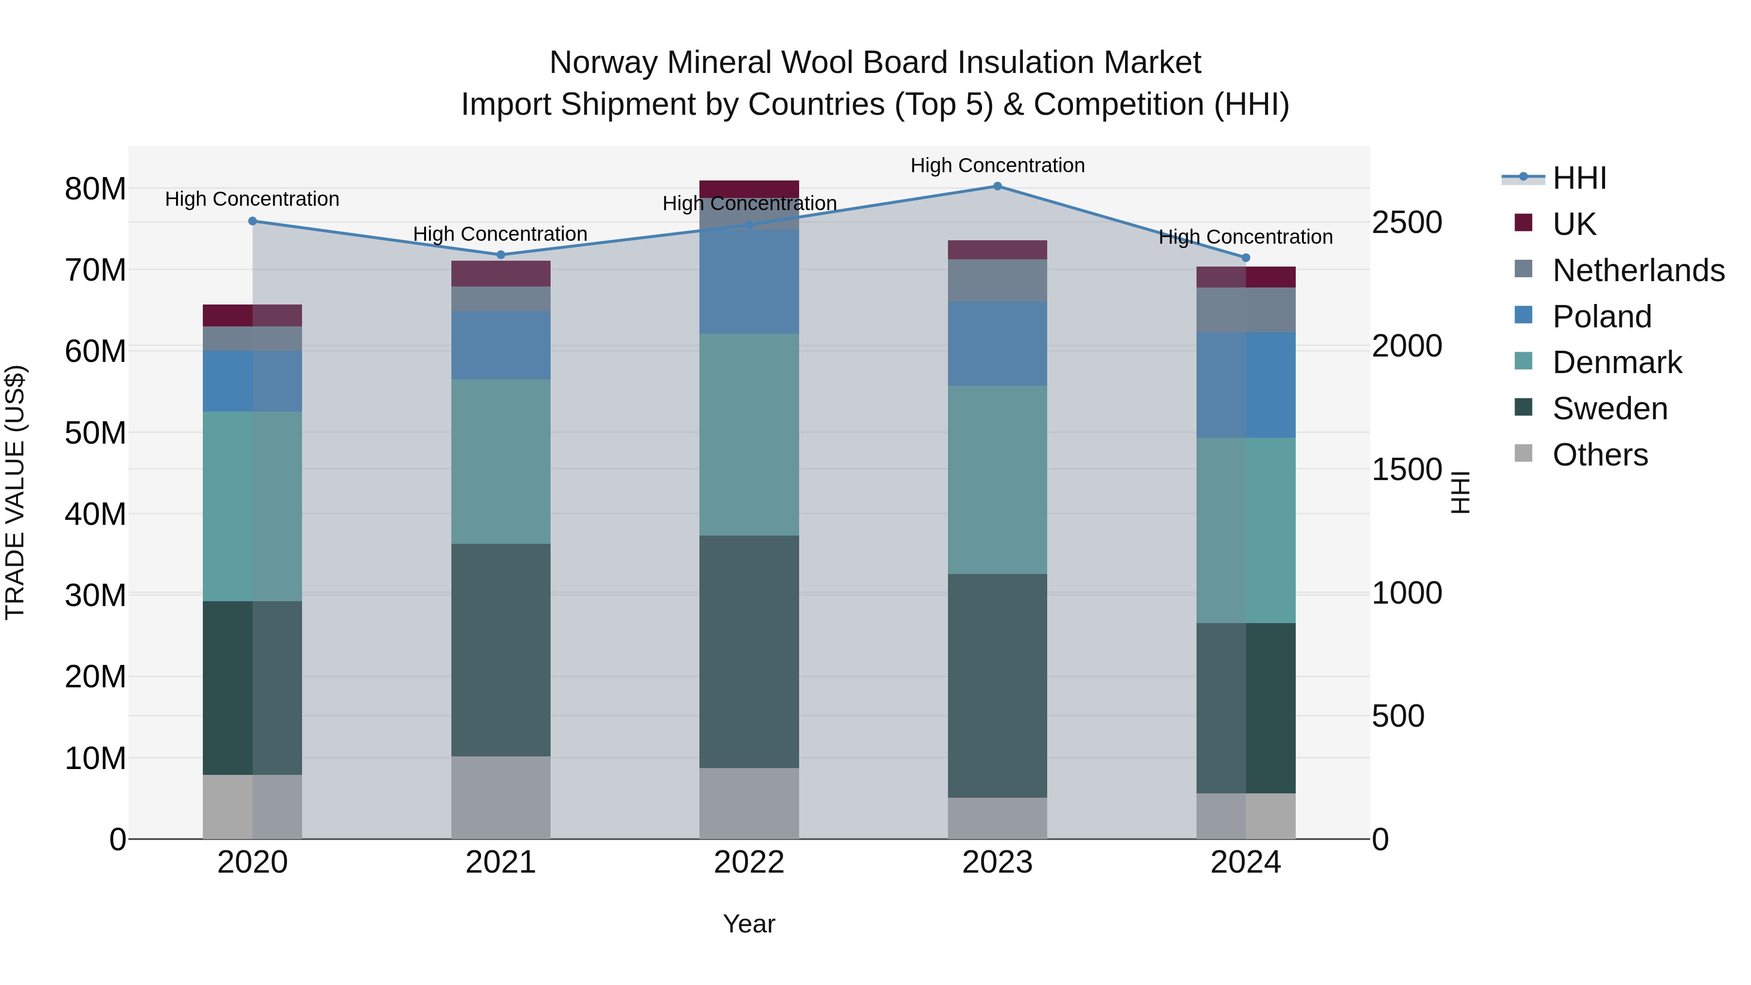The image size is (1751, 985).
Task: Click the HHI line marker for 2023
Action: click(997, 186)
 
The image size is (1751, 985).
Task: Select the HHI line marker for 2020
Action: click(252, 221)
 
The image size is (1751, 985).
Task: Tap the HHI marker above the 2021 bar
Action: click(501, 255)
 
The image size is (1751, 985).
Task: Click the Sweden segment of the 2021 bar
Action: click(501, 649)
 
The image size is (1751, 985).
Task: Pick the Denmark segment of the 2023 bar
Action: click(997, 479)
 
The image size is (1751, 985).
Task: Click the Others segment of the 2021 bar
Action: click(501, 797)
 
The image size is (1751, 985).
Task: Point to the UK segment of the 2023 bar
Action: click(997, 250)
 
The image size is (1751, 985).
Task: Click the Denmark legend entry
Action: click(1616, 362)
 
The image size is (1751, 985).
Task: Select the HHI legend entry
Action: click(1579, 178)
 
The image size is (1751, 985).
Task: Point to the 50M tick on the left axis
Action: click(95, 433)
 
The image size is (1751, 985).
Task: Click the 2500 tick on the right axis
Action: click(1406, 222)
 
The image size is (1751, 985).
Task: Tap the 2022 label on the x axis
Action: click(749, 862)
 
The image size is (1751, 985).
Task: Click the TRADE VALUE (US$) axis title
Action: click(16, 492)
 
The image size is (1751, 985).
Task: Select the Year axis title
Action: click(749, 924)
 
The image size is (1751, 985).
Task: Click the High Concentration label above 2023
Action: click(997, 165)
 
